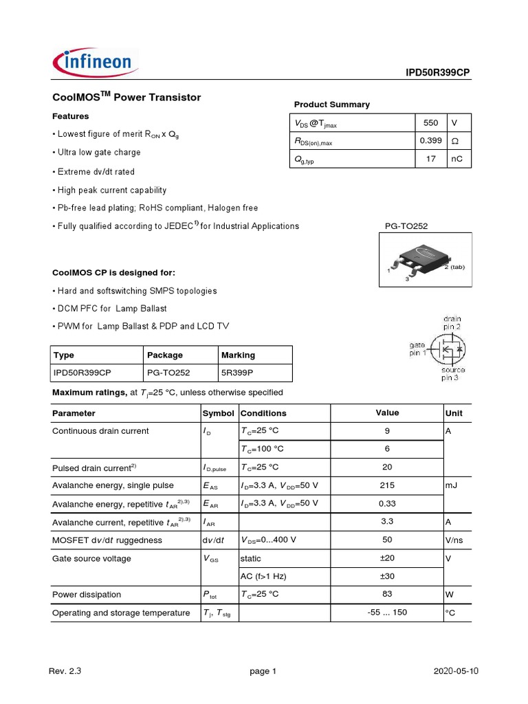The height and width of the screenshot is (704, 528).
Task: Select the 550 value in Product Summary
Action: coord(430,123)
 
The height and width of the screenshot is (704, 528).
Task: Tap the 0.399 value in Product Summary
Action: coord(430,141)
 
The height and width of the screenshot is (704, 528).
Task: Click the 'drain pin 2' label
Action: coord(452,323)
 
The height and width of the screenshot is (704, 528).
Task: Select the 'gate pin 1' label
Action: coord(418,348)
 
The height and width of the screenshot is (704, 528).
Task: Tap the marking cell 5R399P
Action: coord(238,373)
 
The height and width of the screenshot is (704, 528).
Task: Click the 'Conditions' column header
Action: coord(263,414)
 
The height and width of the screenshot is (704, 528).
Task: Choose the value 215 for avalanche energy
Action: coord(387,485)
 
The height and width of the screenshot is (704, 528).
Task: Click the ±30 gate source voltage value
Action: coord(387,576)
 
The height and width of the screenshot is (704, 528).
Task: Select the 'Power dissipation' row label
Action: coord(87,595)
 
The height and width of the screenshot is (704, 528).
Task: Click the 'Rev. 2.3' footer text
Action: coord(65,672)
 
